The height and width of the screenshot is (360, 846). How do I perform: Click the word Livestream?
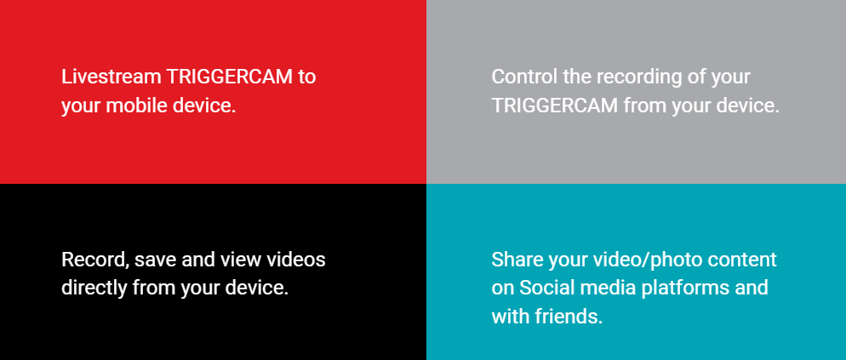pyautogui.click(x=111, y=77)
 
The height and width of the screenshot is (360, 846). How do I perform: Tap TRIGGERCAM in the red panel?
pyautogui.click(x=229, y=77)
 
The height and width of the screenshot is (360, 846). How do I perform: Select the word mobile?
pyautogui.click(x=136, y=106)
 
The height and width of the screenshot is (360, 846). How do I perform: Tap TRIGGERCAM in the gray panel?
pyautogui.click(x=555, y=106)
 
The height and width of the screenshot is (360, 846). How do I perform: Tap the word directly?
pyautogui.click(x=94, y=289)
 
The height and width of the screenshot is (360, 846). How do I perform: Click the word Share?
pyautogui.click(x=517, y=260)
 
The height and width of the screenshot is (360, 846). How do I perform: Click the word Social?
pyautogui.click(x=544, y=288)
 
